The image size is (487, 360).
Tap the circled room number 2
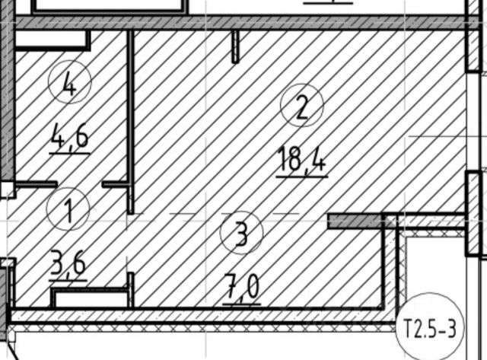pyautogui.click(x=301, y=107)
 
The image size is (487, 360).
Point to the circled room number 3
pyautogui.click(x=241, y=234)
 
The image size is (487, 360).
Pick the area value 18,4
pyautogui.click(x=301, y=160)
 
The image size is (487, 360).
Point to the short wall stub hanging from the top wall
pyautogui.click(x=235, y=47)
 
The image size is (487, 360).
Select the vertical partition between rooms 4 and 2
pyautogui.click(x=131, y=114)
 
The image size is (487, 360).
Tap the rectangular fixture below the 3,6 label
pyautogui.click(x=89, y=298)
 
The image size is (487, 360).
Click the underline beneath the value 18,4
pyautogui.click(x=301, y=177)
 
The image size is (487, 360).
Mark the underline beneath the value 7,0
pyautogui.click(x=242, y=304)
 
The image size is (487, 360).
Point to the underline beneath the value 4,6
pyautogui.click(x=69, y=153)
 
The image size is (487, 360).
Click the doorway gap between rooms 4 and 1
pyautogui.click(x=80, y=184)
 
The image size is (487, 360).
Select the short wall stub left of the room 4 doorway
pyautogui.click(x=37, y=184)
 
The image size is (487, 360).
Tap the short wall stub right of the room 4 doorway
pyautogui.click(x=116, y=184)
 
